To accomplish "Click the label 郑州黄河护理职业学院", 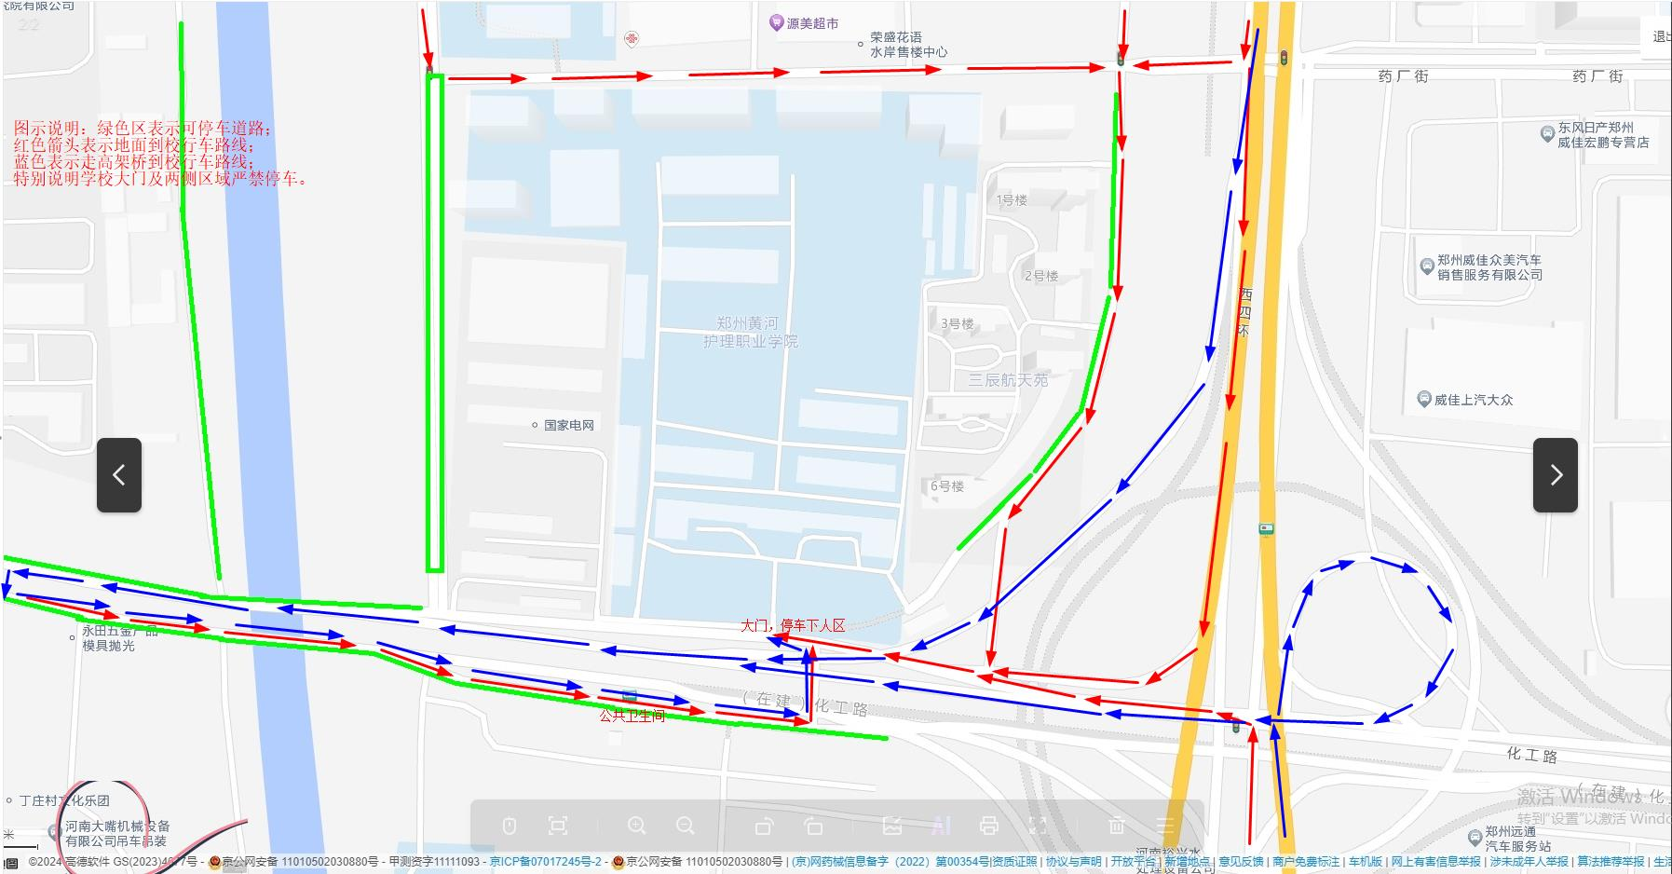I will pos(750,332).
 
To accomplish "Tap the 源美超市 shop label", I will pos(811,23).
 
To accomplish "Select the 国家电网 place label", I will pos(568,425).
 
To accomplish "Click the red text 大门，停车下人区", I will pos(793,625).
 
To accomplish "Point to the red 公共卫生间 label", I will pos(632,716).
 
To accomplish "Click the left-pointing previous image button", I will pos(119,475).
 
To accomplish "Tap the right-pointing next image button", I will pos(1555,475).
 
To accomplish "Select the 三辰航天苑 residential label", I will pos(1008,380).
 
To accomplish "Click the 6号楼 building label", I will pos(946,486).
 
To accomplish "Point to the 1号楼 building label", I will pos(1012,200).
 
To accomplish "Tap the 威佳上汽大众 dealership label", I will pos(1473,400).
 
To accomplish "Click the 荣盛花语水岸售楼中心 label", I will pos(908,45).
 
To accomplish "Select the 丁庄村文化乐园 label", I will pos(65,800).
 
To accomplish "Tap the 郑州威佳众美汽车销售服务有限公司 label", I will pos(1488,267).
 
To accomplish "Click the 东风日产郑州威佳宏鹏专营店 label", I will pos(1602,135).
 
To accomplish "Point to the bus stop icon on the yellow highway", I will pos(1265,530).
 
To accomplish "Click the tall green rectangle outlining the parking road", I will pos(435,322).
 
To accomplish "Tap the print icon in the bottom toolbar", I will pos(989,826).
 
